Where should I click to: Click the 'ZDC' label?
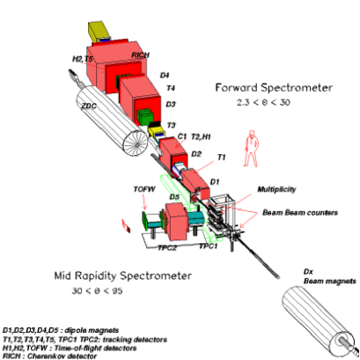click(87, 107)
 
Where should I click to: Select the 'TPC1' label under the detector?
click(209, 246)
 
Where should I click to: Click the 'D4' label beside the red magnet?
click(167, 75)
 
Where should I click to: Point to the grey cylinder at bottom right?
click(324, 320)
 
